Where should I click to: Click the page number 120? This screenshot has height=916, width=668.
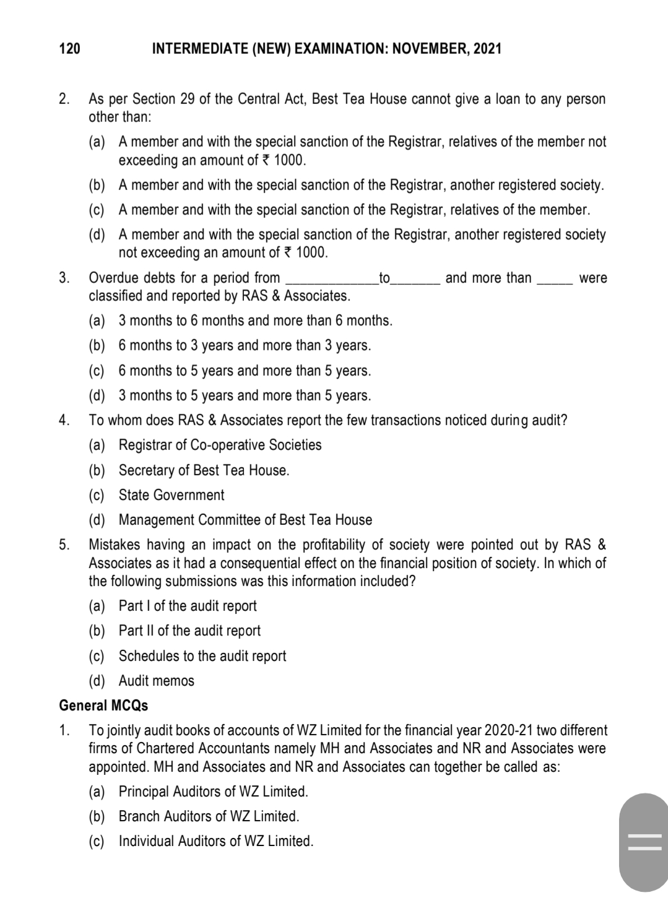(69, 48)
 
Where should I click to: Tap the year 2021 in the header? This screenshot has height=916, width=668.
(487, 48)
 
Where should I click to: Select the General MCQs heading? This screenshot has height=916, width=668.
(103, 706)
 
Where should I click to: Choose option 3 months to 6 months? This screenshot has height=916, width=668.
(255, 321)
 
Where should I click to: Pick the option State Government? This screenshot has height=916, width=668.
(171, 495)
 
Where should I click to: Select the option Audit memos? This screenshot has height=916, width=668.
(156, 681)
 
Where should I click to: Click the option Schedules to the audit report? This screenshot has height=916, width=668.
(202, 656)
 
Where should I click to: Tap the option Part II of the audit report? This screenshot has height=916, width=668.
(189, 631)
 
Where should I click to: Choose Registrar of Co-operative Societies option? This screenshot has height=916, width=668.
(220, 445)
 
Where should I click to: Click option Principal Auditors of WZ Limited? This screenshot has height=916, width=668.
(213, 792)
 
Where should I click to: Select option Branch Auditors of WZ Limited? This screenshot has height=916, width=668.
(209, 816)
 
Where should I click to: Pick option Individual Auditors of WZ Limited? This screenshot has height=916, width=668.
(215, 841)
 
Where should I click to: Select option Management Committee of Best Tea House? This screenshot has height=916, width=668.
(245, 520)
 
